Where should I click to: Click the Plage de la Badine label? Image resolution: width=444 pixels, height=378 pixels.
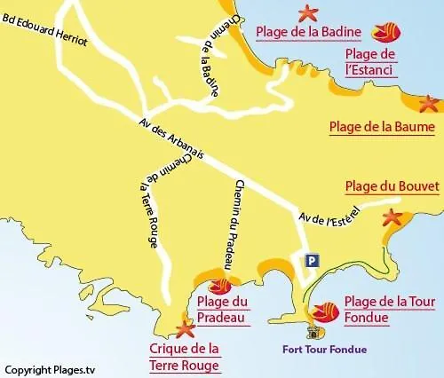[308, 33]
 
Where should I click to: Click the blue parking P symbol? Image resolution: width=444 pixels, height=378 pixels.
[311, 260]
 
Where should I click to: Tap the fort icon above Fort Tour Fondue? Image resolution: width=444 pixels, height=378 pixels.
[313, 332]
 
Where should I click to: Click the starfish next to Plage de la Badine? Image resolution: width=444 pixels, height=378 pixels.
[308, 12]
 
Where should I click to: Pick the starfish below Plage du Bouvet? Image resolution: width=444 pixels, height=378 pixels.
[391, 217]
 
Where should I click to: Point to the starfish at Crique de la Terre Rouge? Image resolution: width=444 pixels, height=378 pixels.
[186, 330]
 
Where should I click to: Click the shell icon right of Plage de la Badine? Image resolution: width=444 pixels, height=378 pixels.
[387, 32]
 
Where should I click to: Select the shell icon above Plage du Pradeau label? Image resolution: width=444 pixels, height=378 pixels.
[218, 286]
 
